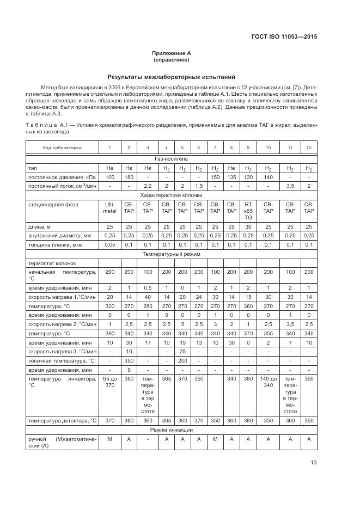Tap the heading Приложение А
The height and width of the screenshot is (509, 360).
click(x=171, y=53)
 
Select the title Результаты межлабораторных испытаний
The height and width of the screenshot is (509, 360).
click(x=171, y=77)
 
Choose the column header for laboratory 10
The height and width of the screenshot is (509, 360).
click(x=268, y=148)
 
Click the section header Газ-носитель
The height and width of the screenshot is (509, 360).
click(x=171, y=158)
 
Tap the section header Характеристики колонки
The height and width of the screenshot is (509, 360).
click(x=171, y=194)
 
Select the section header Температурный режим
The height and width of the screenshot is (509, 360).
click(x=171, y=254)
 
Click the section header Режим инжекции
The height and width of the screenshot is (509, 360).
click(x=171, y=430)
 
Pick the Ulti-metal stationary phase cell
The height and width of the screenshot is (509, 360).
click(x=109, y=207)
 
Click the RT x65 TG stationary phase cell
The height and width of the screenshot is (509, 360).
click(x=248, y=211)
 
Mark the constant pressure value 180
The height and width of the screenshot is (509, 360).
click(x=129, y=177)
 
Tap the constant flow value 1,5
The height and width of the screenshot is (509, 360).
click(x=199, y=186)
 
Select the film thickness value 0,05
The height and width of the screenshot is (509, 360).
click(x=109, y=245)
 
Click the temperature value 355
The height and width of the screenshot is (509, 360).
click(x=268, y=333)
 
